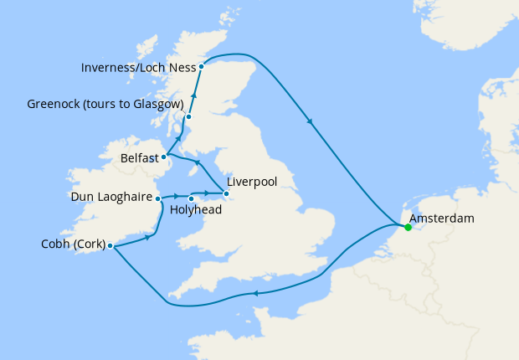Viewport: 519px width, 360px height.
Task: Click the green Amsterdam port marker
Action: [x=408, y=227]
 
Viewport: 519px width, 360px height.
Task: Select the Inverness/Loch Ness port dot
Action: [x=202, y=66]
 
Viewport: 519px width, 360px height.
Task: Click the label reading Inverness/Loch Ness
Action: [x=138, y=66]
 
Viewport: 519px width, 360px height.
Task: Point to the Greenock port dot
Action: [x=188, y=117]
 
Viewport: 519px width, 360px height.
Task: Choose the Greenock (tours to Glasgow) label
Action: [x=105, y=104]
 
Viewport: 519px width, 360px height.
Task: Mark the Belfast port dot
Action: [x=165, y=157]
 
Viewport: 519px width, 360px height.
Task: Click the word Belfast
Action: [x=141, y=157]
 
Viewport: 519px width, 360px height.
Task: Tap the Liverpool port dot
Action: [x=225, y=195]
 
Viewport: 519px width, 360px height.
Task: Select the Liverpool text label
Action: [x=251, y=181]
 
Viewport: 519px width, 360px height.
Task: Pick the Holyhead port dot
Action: [x=192, y=198]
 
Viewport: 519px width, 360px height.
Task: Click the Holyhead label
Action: [x=195, y=210]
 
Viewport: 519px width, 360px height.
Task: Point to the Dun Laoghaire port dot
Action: [x=157, y=198]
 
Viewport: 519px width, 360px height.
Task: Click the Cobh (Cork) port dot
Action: [x=110, y=246]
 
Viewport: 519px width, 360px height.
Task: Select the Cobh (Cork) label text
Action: [x=73, y=244]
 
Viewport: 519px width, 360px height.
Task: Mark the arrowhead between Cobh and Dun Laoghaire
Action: [x=147, y=237]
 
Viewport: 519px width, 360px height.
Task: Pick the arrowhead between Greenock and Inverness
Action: [x=193, y=96]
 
